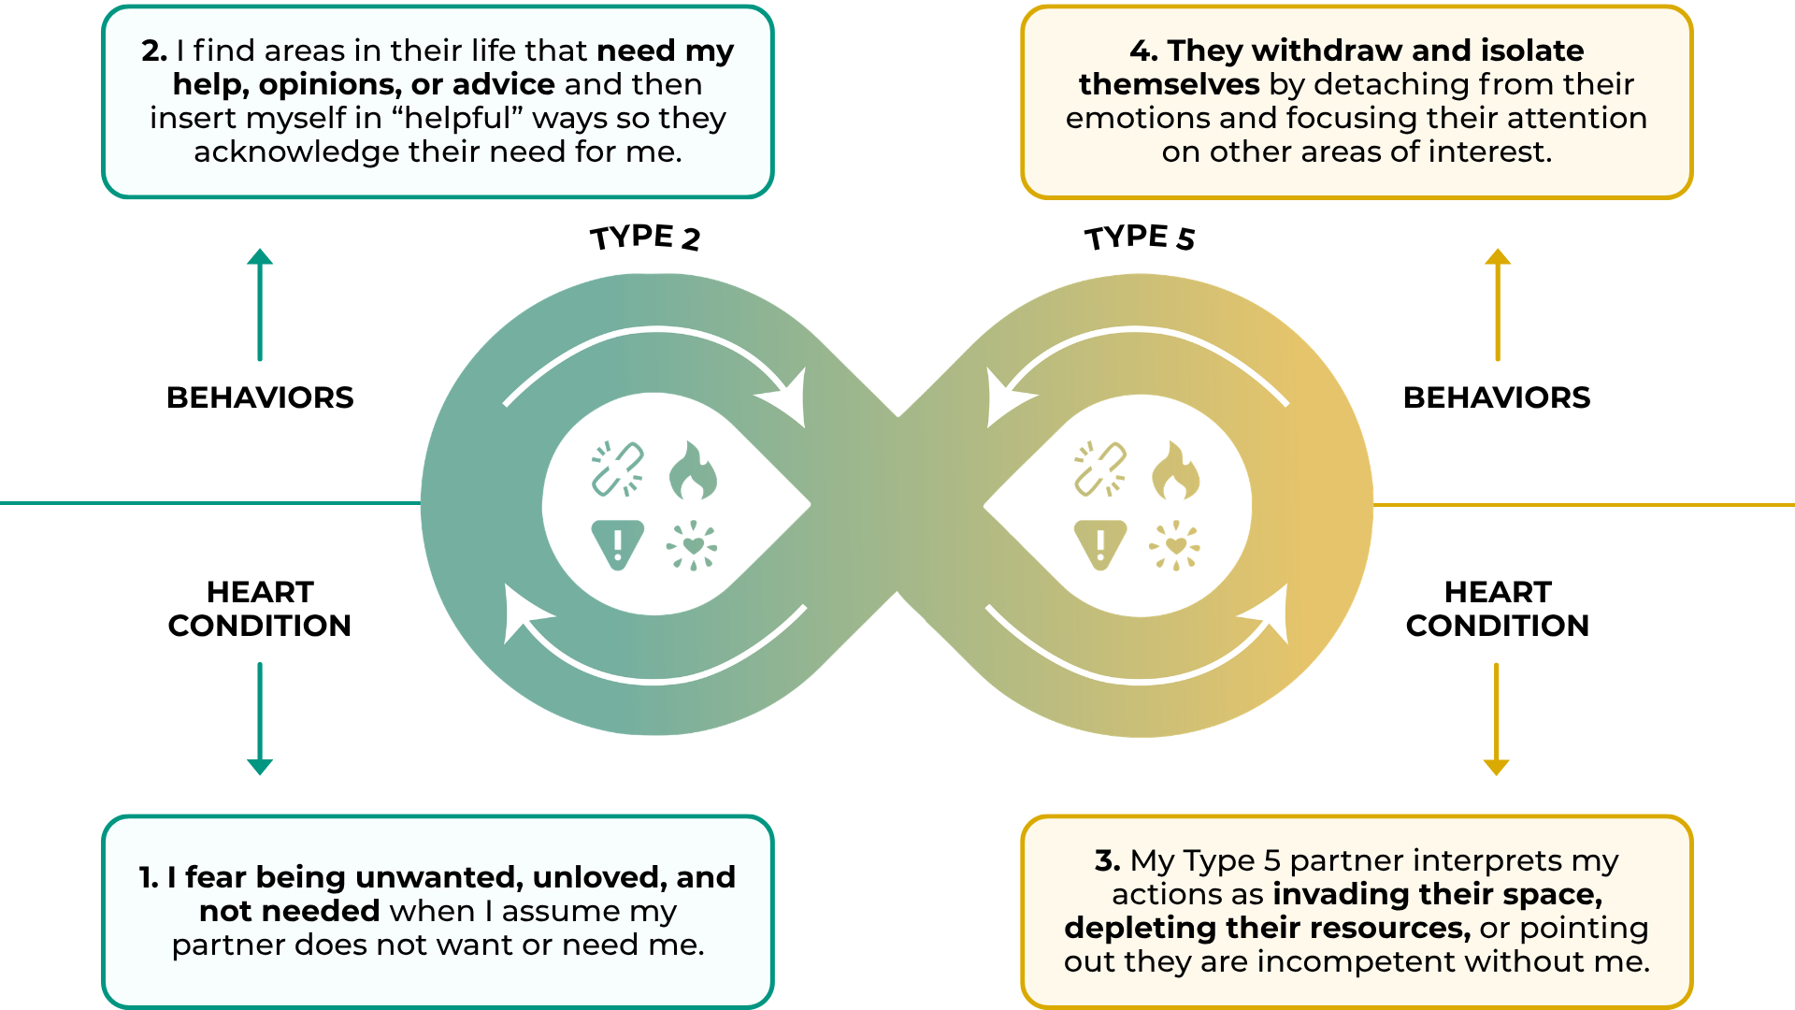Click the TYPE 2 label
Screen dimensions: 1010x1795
pyautogui.click(x=645, y=238)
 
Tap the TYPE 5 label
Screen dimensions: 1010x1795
pyautogui.click(x=1140, y=238)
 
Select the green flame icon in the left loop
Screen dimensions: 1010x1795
pyautogui.click(x=693, y=470)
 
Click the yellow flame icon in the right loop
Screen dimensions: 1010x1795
pyautogui.click(x=1175, y=470)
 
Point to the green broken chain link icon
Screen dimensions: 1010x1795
pyautogui.click(x=618, y=469)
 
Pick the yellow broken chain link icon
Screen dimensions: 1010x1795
pyautogui.click(x=1100, y=469)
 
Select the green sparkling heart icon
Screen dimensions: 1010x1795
pyautogui.click(x=692, y=545)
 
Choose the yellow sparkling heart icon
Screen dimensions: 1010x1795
pyautogui.click(x=1175, y=545)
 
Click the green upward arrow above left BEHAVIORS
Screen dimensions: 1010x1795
pyautogui.click(x=260, y=304)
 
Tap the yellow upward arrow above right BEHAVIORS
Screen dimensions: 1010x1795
pyautogui.click(x=1498, y=304)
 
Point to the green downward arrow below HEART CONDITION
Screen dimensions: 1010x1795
pyautogui.click(x=260, y=718)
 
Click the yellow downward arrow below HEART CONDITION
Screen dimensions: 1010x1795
pyautogui.click(x=1497, y=718)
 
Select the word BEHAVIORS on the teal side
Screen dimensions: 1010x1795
pyautogui.click(x=260, y=397)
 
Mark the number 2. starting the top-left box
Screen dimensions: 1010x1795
pyautogui.click(x=154, y=50)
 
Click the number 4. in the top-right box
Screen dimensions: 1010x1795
pyautogui.click(x=1143, y=50)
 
